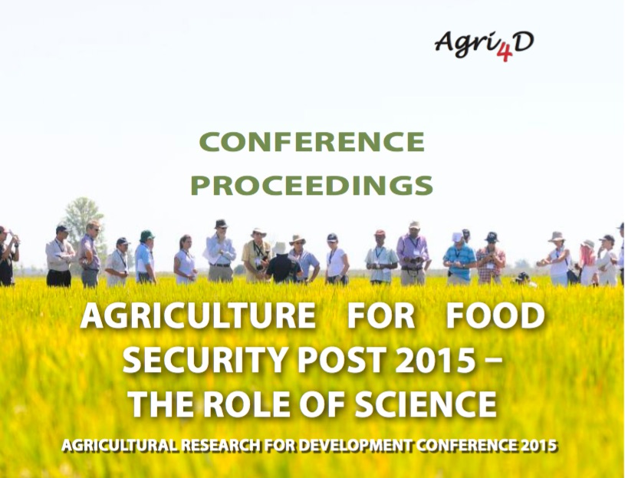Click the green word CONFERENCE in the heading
(312, 142)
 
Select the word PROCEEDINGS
(311, 186)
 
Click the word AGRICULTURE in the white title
(199, 316)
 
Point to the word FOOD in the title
(495, 316)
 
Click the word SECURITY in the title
(206, 360)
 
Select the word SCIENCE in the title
(426, 404)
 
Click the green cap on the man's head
(146, 236)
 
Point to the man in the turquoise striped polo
(459, 259)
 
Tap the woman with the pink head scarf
(588, 263)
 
